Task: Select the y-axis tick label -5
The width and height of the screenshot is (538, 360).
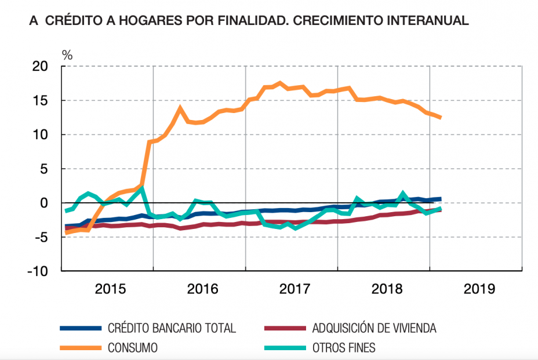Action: tap(42, 237)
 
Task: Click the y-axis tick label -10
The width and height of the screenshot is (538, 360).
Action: tap(38, 271)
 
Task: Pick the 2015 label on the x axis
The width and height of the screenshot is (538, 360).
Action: tap(110, 289)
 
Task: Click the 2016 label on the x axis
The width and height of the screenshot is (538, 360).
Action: tap(202, 289)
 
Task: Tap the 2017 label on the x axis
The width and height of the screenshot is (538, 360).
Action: tap(295, 289)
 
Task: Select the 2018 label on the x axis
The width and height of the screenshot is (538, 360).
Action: tap(387, 289)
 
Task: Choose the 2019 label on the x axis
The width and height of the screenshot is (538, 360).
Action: tap(479, 289)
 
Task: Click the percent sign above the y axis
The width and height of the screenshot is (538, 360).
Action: tap(67, 55)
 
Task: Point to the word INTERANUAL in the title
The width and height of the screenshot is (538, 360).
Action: tap(423, 21)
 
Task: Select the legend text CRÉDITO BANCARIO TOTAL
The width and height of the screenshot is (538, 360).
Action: tap(172, 329)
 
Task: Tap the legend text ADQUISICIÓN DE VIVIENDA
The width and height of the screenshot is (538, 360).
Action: tap(374, 329)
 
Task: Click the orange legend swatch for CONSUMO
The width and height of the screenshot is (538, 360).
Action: tap(81, 348)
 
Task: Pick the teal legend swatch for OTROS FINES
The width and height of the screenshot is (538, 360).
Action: tap(285, 348)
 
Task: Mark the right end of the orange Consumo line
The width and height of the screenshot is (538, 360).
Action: tap(441, 118)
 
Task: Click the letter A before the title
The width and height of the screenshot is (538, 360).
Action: tap(32, 21)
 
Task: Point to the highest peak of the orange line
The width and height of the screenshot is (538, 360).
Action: tap(280, 83)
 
